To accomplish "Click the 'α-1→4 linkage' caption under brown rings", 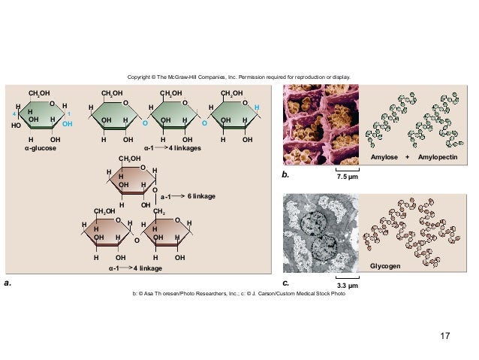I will click(132, 267).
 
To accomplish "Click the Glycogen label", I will click(385, 267).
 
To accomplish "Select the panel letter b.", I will click(285, 174).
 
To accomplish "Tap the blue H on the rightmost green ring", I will click(257, 108).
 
